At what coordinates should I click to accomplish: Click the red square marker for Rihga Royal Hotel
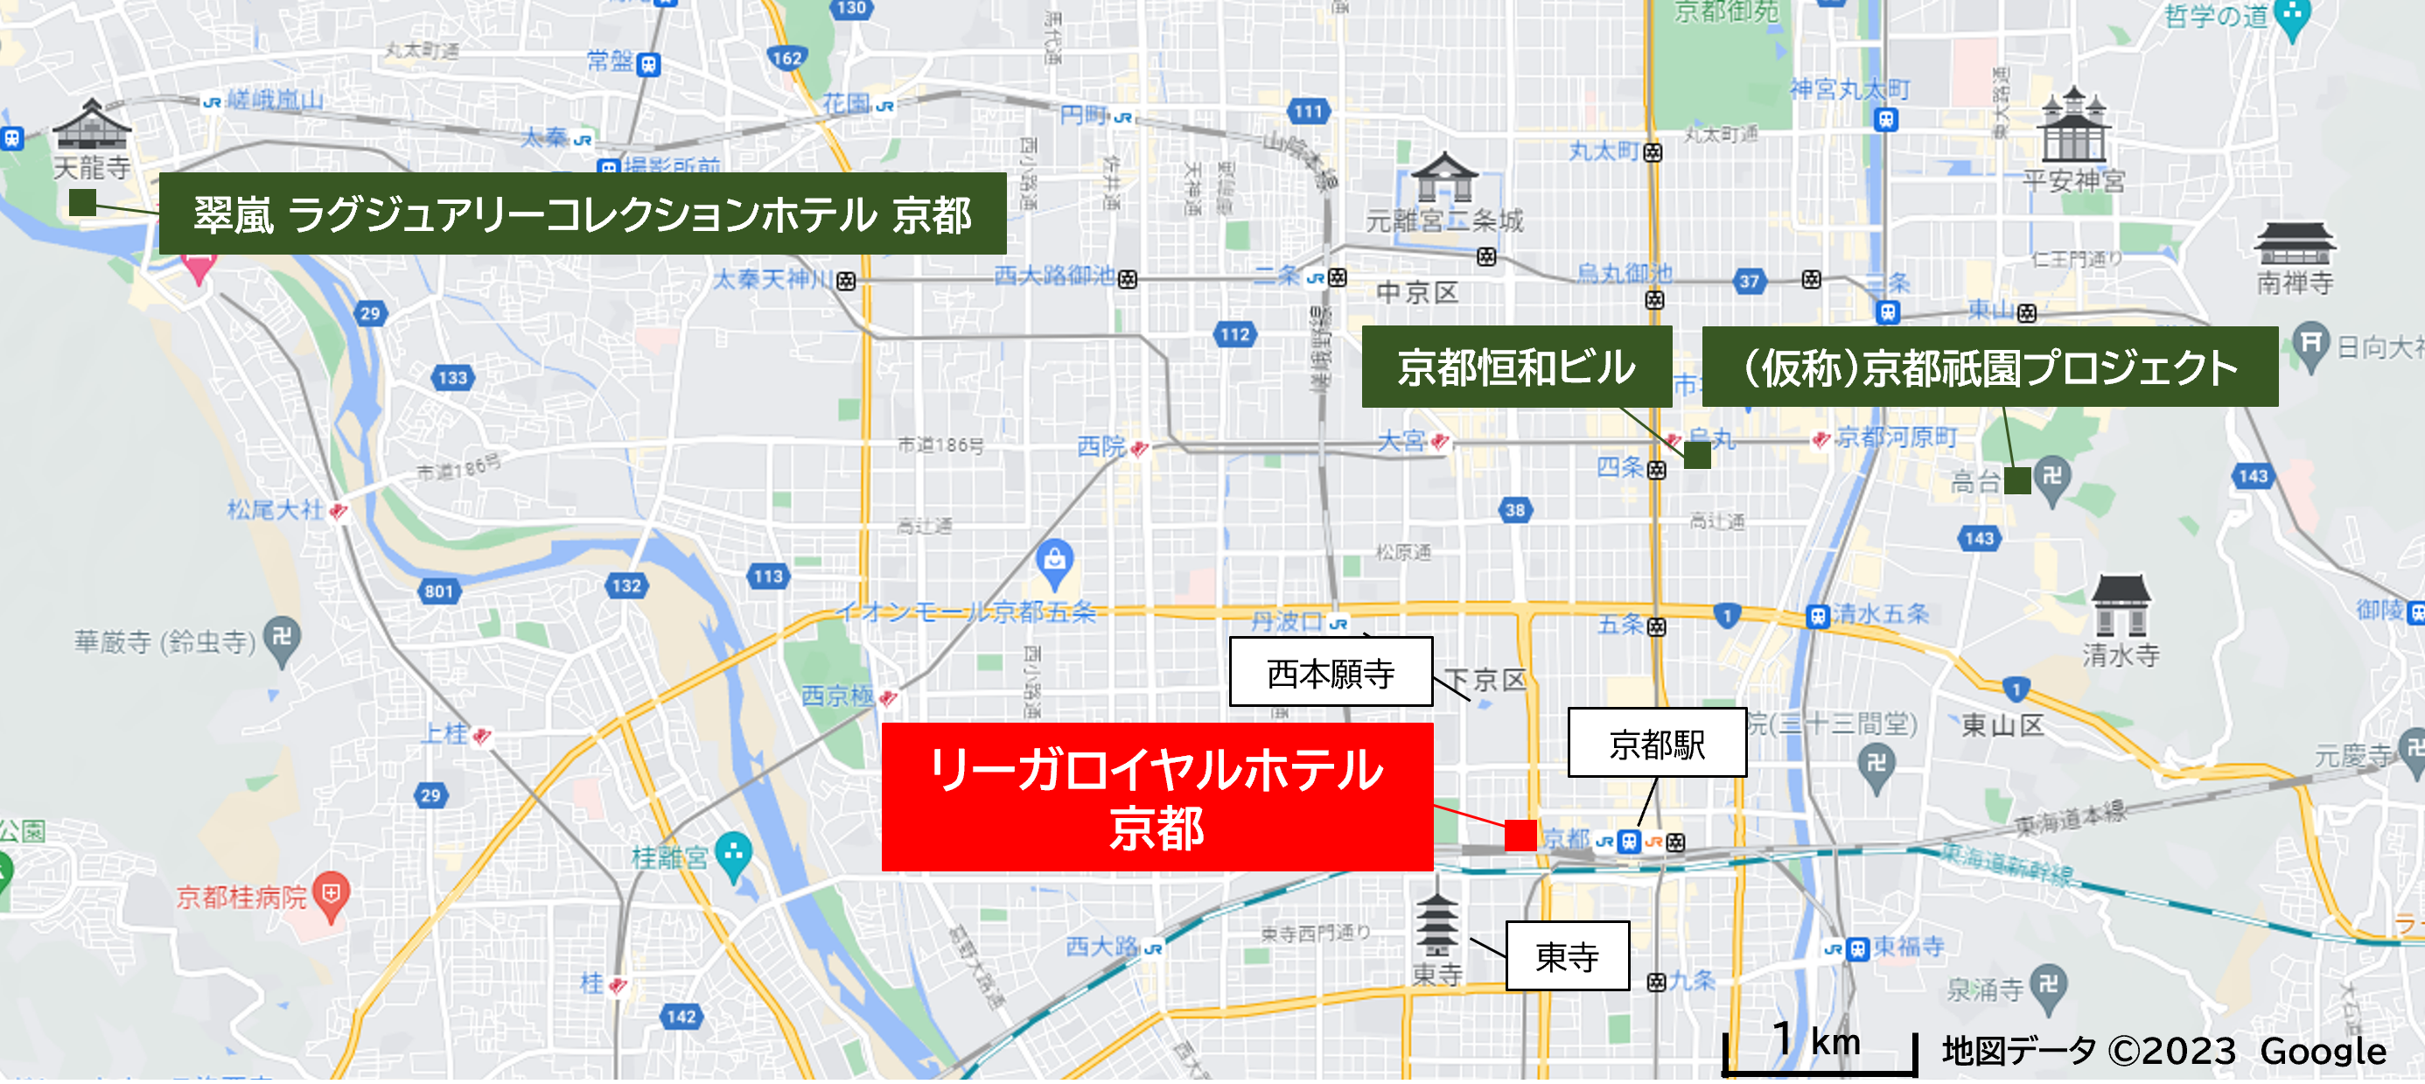(x=1520, y=835)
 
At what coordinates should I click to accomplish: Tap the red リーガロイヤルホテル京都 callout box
(x=1157, y=797)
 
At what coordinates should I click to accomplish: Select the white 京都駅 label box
(x=1657, y=743)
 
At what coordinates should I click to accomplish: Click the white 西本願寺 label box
(x=1331, y=673)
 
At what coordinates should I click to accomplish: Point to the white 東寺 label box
(x=1568, y=956)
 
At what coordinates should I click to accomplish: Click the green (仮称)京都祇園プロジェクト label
(x=1989, y=367)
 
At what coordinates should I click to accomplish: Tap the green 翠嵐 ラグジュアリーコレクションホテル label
(x=582, y=213)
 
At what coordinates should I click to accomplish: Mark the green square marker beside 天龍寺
(x=83, y=202)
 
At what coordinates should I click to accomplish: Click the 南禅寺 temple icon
(x=2294, y=244)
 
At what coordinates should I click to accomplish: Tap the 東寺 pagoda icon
(x=1436, y=927)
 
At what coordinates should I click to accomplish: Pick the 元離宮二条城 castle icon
(x=1444, y=179)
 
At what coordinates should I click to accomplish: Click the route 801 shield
(x=438, y=591)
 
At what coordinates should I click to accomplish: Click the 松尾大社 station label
(x=275, y=510)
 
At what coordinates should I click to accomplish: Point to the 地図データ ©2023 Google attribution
(x=2163, y=1051)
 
